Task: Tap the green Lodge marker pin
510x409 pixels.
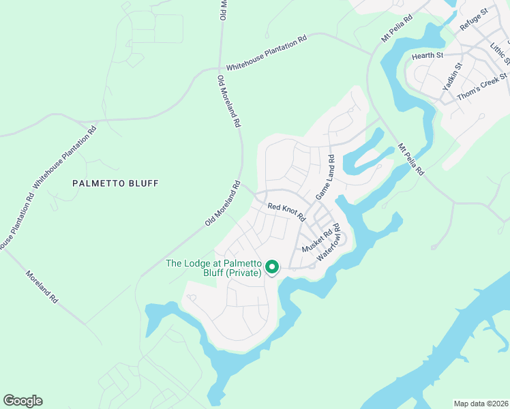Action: pyautogui.click(x=271, y=267)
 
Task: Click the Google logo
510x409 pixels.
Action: pyautogui.click(x=22, y=401)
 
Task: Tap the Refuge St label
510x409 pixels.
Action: pyautogui.click(x=475, y=18)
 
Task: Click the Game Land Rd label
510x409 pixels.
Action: pyautogui.click(x=325, y=177)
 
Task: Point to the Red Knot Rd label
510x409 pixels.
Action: pyautogui.click(x=286, y=211)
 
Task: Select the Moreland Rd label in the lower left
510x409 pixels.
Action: pyautogui.click(x=42, y=288)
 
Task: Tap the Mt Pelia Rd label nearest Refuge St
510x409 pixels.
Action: pyautogui.click(x=397, y=29)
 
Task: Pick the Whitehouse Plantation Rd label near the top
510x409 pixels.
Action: pyautogui.click(x=267, y=52)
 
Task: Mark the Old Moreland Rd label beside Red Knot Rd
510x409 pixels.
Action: pyautogui.click(x=222, y=204)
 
